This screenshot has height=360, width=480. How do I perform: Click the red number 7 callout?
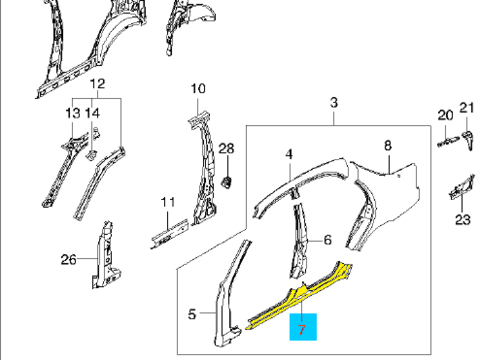[x=302, y=330]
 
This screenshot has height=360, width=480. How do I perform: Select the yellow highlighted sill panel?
[x=300, y=295]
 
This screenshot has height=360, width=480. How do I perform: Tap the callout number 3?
[x=334, y=102]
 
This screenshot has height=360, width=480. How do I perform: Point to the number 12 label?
[x=97, y=83]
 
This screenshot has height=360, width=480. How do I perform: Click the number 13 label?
[x=73, y=113]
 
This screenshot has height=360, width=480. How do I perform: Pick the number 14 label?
[x=92, y=113]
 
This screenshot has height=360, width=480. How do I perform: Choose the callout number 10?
[x=198, y=89]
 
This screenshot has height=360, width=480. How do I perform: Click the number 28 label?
[x=226, y=148]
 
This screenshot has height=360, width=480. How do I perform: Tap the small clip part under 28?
[x=227, y=182]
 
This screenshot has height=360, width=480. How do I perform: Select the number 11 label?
[x=168, y=202]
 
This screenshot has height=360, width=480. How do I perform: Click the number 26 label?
[x=69, y=259]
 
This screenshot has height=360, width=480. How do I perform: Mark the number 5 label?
[x=192, y=314]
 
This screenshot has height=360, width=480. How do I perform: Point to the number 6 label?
[x=328, y=240]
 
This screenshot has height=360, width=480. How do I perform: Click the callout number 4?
[x=289, y=154]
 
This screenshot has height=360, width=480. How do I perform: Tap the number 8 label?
[x=388, y=145]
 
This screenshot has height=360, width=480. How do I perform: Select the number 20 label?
[x=445, y=115]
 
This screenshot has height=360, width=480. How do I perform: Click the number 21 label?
[x=467, y=108]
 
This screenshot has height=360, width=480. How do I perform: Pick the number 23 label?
[x=463, y=219]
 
